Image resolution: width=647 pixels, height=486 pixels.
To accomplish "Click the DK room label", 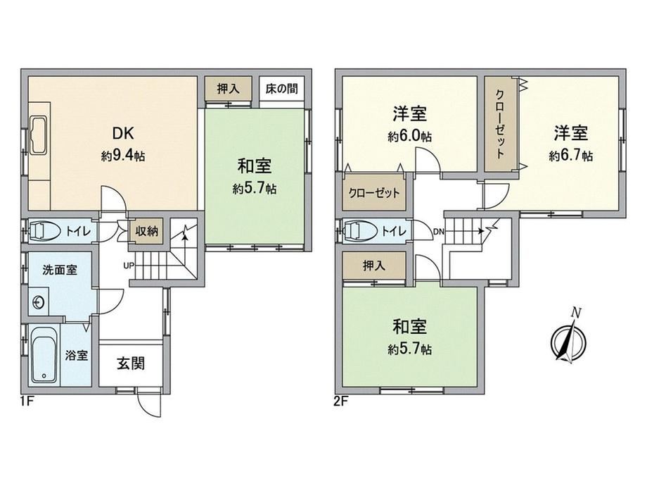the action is click(x=122, y=133).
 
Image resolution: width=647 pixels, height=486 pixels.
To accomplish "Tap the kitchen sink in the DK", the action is click(x=39, y=135).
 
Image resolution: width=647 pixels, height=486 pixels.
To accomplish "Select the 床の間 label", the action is click(x=281, y=89).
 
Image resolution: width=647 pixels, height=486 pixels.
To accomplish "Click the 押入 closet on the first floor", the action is click(x=228, y=89).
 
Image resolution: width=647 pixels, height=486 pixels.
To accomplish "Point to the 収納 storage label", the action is click(x=147, y=230).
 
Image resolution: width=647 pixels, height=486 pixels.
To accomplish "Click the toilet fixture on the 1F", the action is click(x=41, y=231).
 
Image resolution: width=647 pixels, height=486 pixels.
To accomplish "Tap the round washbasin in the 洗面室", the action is click(x=39, y=302).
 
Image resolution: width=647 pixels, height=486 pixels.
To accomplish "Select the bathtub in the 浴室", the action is click(x=44, y=355).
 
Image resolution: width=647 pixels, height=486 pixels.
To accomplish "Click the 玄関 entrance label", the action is click(x=131, y=363).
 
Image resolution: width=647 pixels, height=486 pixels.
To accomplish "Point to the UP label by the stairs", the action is click(x=129, y=266).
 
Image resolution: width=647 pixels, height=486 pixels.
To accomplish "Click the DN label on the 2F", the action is click(x=439, y=232).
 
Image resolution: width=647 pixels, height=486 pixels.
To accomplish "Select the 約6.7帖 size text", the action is click(x=570, y=156).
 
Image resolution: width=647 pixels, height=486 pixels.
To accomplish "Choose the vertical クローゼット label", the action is click(x=500, y=125).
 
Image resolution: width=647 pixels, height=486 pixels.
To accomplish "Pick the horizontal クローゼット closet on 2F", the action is click(x=375, y=192).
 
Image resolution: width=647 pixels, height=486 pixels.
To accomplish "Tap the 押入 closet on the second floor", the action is click(x=374, y=266).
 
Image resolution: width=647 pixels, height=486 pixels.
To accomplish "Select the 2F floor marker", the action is click(x=341, y=401).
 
